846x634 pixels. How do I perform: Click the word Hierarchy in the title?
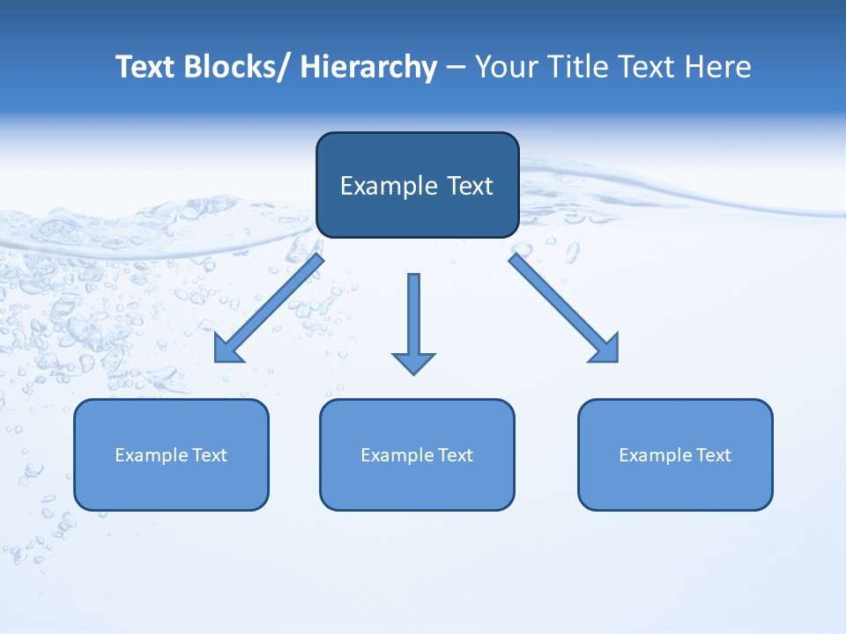coord(368,67)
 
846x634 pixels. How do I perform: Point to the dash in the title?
coord(456,68)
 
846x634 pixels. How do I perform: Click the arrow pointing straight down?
coord(413,317)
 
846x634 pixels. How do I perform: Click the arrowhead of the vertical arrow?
coord(413,363)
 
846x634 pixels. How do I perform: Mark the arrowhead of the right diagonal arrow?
coord(605,350)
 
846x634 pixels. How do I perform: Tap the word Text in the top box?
coord(469,186)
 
